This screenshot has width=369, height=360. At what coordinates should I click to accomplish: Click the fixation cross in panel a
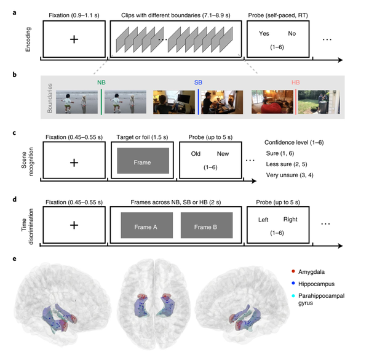pyautogui.click(x=74, y=39)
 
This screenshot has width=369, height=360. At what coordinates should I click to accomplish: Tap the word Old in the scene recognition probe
pyautogui.click(x=195, y=154)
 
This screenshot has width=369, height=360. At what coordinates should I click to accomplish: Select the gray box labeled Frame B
pyautogui.click(x=206, y=226)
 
